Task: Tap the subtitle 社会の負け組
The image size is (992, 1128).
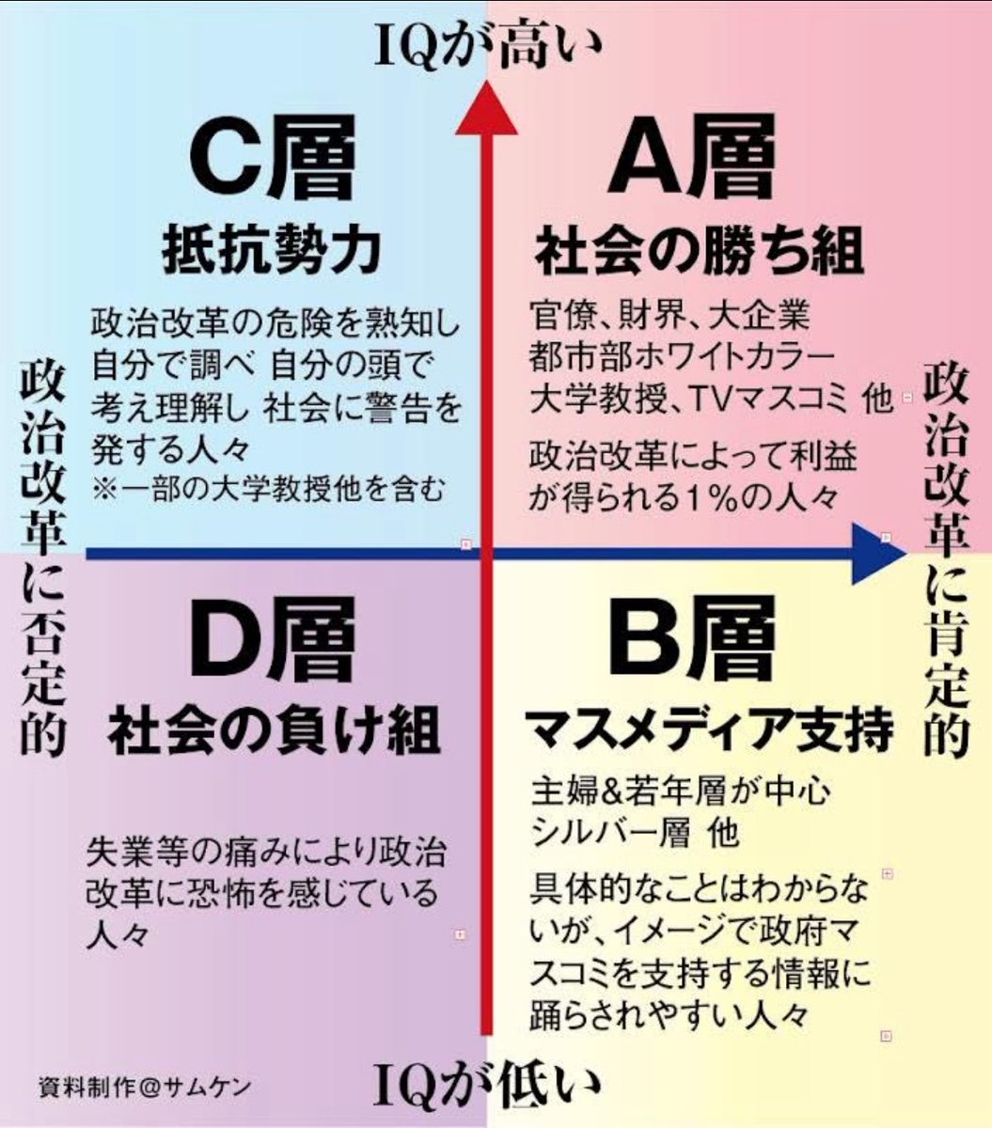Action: click(274, 731)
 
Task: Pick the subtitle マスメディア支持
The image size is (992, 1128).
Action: click(708, 731)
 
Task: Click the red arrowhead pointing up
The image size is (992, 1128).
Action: click(486, 108)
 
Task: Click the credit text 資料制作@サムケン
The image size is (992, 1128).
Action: click(145, 1087)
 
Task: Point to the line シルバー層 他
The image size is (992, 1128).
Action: click(635, 832)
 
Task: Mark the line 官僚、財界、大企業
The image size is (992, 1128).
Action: click(669, 315)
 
